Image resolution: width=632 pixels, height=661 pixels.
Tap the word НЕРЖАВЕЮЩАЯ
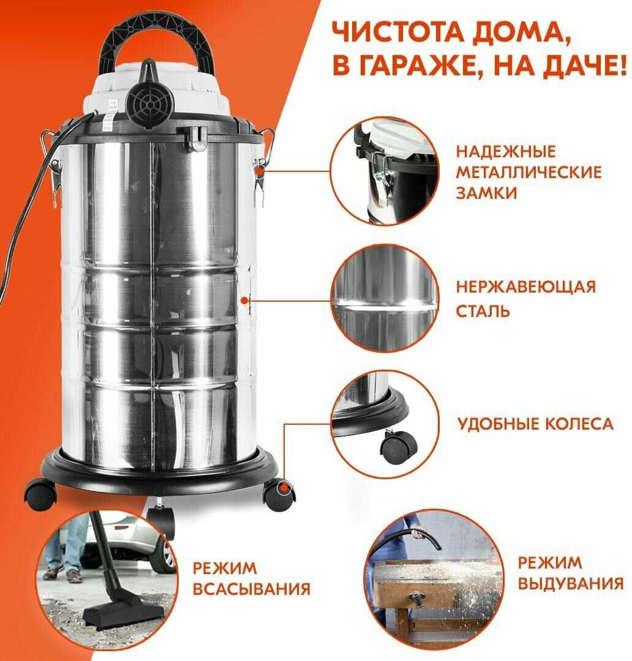coord(525,287)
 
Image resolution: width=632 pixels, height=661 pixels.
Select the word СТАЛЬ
coord(483,311)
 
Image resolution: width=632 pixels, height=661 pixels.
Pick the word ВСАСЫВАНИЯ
coord(252,589)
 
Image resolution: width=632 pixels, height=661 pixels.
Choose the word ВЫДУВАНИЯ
coord(570,583)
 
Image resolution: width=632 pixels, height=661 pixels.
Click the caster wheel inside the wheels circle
coord(399,447)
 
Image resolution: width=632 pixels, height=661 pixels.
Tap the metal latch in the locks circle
coord(382,177)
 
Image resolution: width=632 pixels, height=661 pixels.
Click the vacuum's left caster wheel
coord(40,495)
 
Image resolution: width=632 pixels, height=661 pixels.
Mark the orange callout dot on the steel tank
coord(244,300)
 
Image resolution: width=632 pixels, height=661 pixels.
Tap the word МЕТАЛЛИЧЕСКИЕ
coord(529,172)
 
